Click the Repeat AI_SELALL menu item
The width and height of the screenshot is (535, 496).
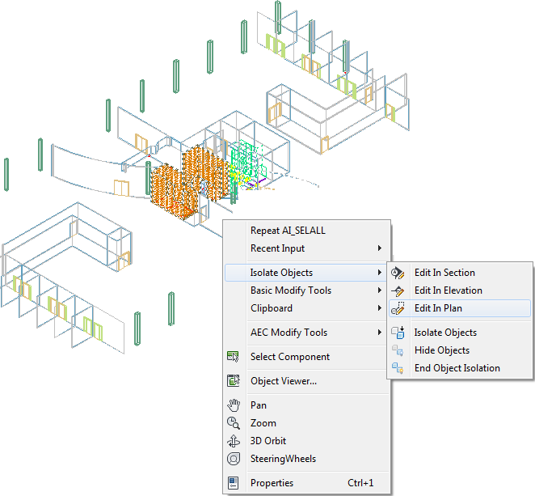tap(288, 231)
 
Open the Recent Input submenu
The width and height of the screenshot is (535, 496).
tap(277, 248)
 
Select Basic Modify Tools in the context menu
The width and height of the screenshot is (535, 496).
tap(291, 290)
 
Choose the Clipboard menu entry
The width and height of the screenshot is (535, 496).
tap(272, 308)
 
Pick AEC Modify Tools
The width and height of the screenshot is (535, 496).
tap(289, 333)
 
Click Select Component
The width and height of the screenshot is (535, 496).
tap(289, 357)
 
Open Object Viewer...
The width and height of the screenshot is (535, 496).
tap(284, 381)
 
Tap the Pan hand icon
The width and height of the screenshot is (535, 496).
tap(234, 405)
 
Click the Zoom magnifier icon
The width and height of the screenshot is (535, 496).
tap(234, 423)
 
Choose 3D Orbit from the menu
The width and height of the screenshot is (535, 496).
tap(267, 441)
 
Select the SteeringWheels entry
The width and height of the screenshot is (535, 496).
tap(283, 459)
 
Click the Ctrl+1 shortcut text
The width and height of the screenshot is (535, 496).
tap(360, 483)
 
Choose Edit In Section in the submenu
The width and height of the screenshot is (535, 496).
tap(444, 273)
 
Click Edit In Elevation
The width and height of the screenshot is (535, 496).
tap(448, 290)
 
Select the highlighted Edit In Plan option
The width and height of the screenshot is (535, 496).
tap(438, 308)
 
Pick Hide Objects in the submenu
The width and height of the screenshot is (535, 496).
tap(442, 350)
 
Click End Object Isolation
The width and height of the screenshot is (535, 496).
tap(457, 368)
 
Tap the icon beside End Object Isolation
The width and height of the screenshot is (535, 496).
tap(398, 368)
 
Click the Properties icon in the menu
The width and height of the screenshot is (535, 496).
tap(234, 483)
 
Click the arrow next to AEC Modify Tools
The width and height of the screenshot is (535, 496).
tap(379, 333)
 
